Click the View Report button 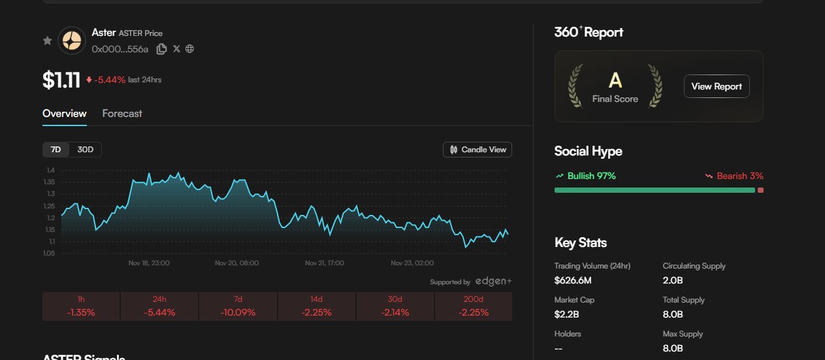[x=717, y=86]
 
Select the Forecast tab [x=122, y=114]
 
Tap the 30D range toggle [x=86, y=150]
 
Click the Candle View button [x=477, y=150]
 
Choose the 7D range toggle [x=56, y=150]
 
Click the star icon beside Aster [x=47, y=41]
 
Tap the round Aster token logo [x=72, y=41]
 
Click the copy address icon [x=161, y=49]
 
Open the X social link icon [x=176, y=49]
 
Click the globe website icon [x=190, y=49]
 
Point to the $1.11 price [x=61, y=80]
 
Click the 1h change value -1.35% [x=81, y=312]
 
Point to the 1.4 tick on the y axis [x=50, y=171]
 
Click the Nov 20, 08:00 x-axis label [x=236, y=263]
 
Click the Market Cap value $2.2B [x=566, y=314]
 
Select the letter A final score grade [x=615, y=80]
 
